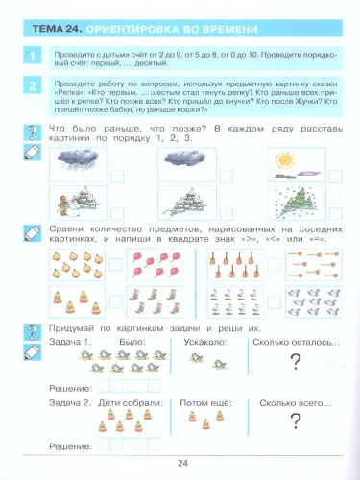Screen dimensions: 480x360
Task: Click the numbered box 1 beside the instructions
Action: (x=32, y=59)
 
